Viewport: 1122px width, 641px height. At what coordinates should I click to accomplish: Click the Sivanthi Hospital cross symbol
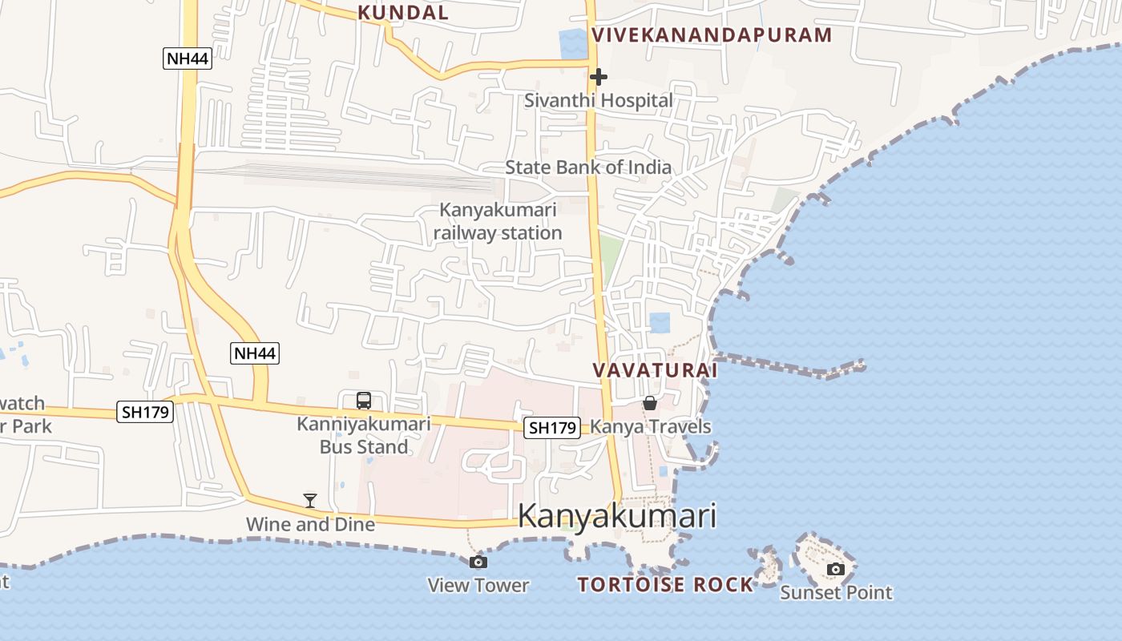(598, 77)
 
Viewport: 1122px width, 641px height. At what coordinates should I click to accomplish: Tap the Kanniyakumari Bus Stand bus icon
(364, 400)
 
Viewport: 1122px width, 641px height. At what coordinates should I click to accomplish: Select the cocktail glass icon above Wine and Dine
(310, 501)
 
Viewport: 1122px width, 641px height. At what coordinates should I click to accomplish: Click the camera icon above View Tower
(478, 562)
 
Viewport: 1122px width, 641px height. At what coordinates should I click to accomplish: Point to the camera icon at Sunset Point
(836, 569)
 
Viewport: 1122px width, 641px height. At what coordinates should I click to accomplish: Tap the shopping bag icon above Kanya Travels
(650, 402)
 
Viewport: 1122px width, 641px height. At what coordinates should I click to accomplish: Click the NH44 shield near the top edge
(188, 58)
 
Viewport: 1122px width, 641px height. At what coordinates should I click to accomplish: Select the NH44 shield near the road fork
(255, 353)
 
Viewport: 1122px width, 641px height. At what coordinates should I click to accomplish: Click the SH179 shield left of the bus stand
(144, 412)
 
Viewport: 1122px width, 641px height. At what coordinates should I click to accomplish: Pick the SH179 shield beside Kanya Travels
(551, 428)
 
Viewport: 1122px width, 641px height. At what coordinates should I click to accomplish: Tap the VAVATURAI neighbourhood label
(655, 370)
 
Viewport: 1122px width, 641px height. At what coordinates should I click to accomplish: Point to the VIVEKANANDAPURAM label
(712, 34)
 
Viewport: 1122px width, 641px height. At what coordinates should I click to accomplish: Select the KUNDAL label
(403, 12)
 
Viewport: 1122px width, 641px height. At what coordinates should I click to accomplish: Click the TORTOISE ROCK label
(665, 584)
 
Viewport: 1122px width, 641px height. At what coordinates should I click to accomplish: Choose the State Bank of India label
(588, 167)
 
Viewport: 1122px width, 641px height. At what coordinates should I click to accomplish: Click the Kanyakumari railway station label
(498, 221)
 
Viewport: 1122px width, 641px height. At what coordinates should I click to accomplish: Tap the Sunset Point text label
(836, 592)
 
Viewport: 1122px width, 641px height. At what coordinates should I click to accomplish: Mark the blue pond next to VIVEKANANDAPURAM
(573, 43)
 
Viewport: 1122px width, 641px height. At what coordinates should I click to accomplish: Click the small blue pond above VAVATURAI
(660, 323)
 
